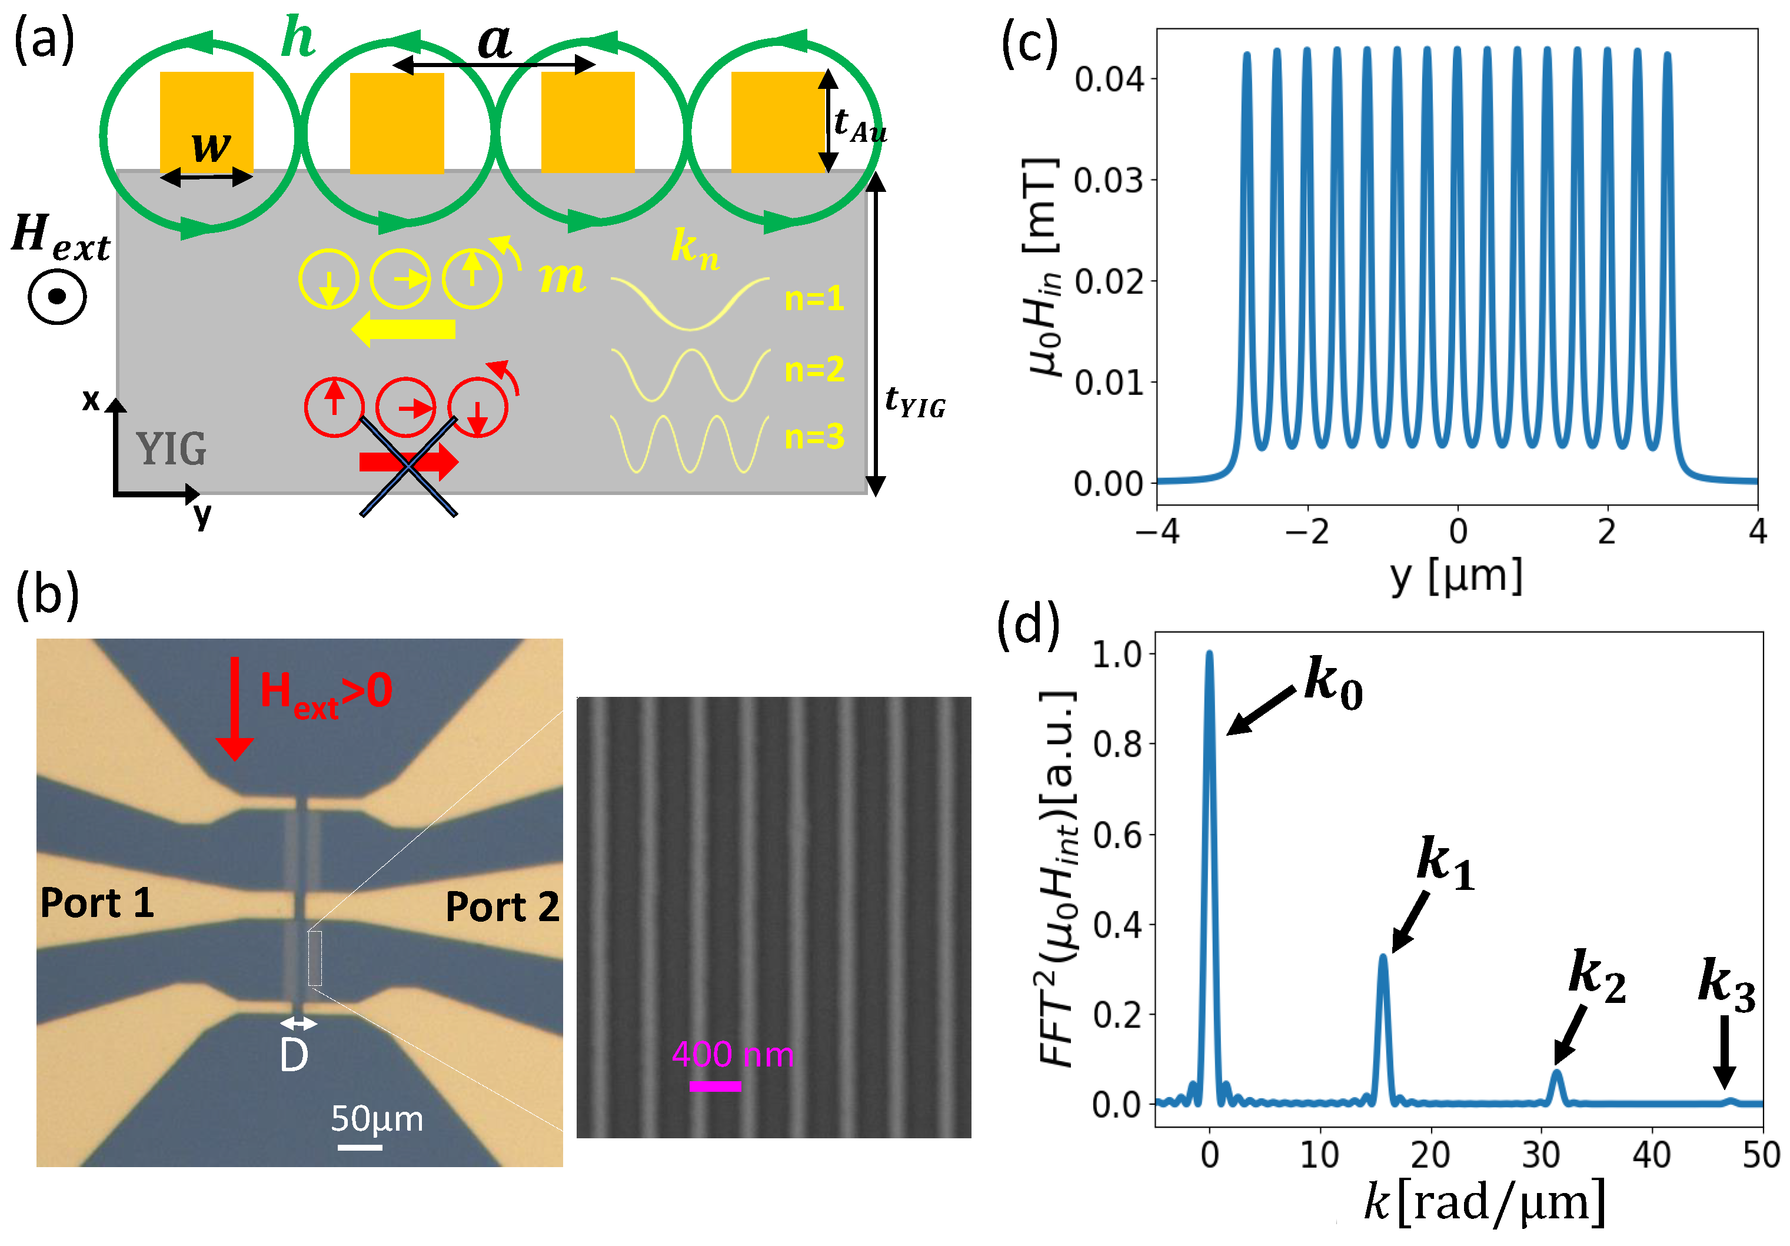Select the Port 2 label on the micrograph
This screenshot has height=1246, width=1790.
[502, 907]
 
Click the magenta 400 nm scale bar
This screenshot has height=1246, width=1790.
[715, 1086]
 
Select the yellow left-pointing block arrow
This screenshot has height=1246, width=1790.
[403, 329]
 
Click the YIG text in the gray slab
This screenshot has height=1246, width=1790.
[171, 449]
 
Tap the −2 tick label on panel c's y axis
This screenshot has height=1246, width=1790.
[1307, 532]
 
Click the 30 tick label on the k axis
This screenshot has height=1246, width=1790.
[1540, 1155]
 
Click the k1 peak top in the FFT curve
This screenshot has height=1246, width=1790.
[1383, 956]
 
